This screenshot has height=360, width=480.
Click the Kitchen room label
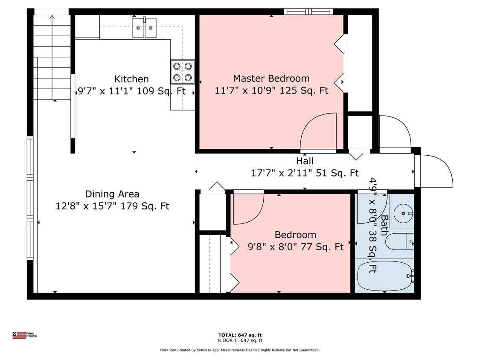(x=131, y=79)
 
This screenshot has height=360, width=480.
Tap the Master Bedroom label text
(x=271, y=78)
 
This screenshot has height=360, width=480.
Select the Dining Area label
(x=112, y=194)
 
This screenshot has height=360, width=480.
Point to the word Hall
(x=305, y=161)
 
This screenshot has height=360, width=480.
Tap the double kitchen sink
(x=145, y=28)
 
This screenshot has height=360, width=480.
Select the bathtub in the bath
(x=386, y=276)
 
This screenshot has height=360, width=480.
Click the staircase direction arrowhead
(x=52, y=17)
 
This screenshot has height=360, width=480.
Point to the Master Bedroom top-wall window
(x=308, y=12)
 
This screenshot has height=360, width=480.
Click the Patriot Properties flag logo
(x=19, y=335)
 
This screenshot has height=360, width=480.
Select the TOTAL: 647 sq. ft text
(x=240, y=335)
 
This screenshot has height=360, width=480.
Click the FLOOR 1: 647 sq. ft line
(x=240, y=340)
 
